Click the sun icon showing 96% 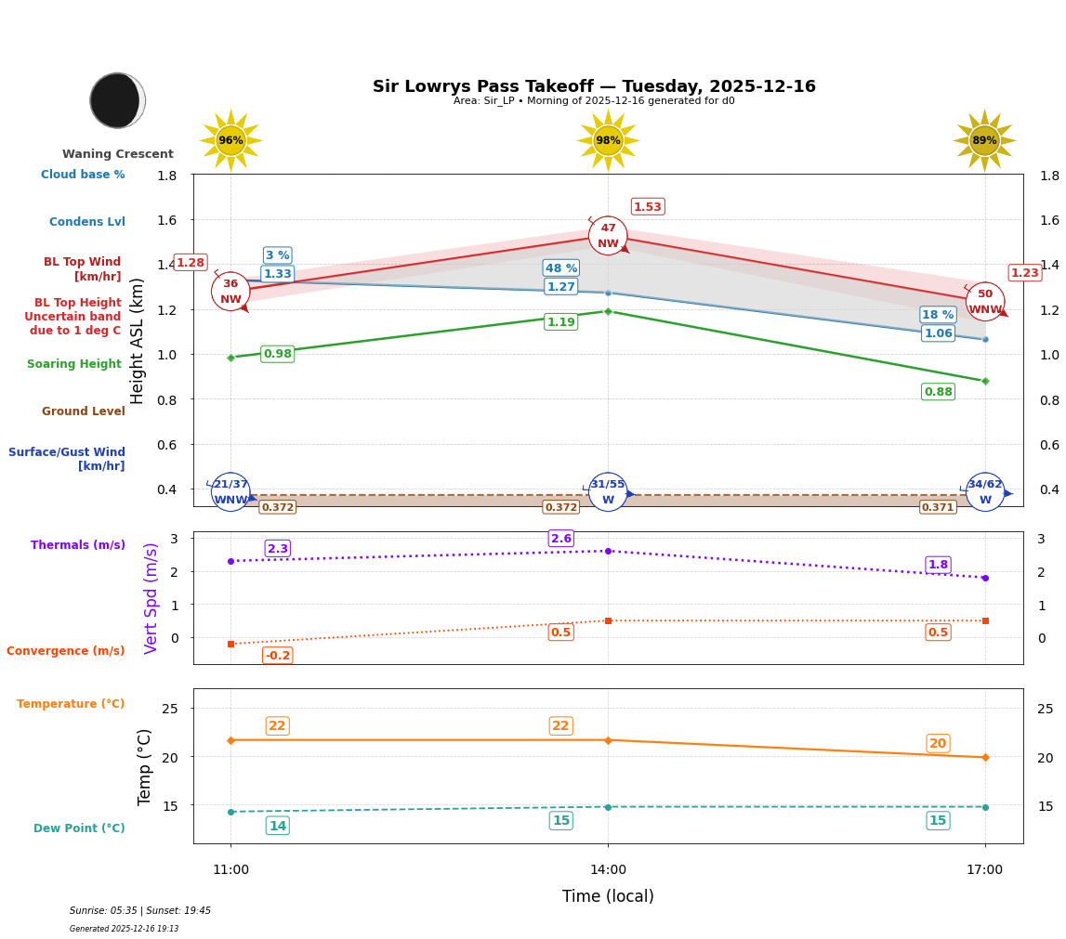230,140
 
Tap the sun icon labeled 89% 984,140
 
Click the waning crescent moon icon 117,100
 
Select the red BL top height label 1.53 648,207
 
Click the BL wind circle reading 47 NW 608,236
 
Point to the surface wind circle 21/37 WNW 230,492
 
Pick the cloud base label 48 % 561,268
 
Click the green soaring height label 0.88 938,392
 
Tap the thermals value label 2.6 561,539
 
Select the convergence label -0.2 277,656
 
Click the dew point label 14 277,826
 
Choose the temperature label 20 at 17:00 938,743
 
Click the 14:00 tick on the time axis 608,870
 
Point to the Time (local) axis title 608,896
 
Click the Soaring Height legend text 74,364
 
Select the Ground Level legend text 84,411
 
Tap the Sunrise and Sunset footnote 140,911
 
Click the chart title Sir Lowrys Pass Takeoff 594,86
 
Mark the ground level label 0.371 938,507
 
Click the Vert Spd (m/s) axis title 151,598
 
